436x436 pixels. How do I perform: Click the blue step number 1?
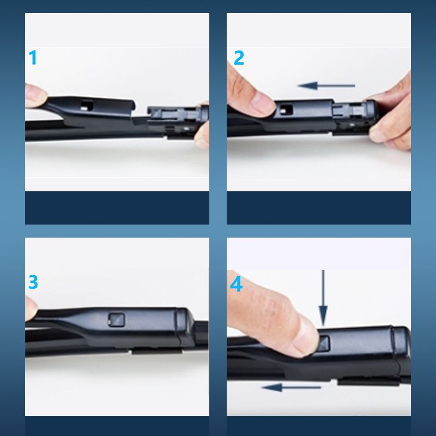33,58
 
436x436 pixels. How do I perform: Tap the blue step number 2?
239,58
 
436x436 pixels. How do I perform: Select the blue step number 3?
33,282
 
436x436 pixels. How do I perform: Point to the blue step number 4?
237,284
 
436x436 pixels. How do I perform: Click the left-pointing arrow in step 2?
326,86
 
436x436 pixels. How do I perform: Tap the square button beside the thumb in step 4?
323,343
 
